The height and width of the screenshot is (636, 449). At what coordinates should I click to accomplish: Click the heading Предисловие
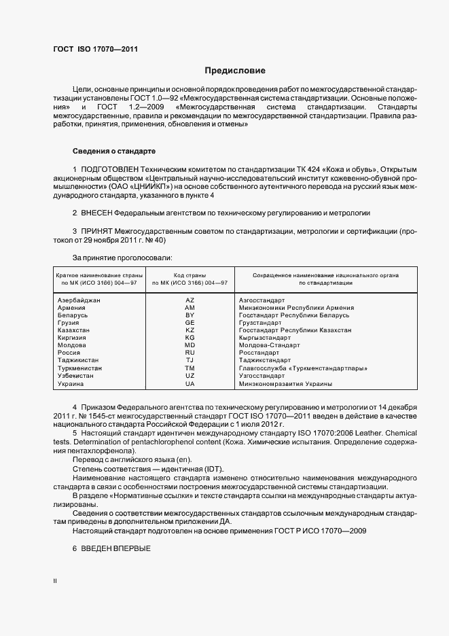pyautogui.click(x=235, y=71)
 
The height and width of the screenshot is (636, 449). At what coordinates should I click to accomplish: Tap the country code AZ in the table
pyautogui.click(x=190, y=300)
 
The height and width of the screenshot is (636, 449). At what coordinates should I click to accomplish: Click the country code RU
pyautogui.click(x=190, y=353)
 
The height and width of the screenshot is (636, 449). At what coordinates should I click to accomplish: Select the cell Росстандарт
pyautogui.click(x=259, y=353)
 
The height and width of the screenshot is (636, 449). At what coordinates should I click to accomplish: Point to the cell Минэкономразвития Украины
pyautogui.click(x=276, y=383)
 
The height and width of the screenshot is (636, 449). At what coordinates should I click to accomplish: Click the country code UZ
pyautogui.click(x=190, y=376)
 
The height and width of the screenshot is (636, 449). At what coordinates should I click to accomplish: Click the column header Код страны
pyautogui.click(x=190, y=275)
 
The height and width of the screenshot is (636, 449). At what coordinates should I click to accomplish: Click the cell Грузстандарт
pyautogui.click(x=261, y=323)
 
